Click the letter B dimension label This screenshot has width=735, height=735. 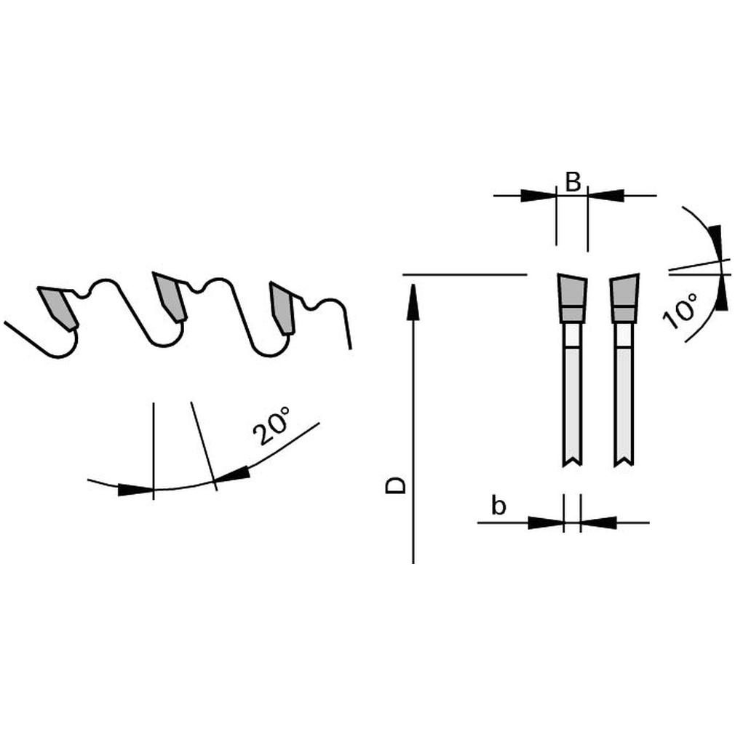[x=572, y=182]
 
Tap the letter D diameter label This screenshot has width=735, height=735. [x=395, y=485]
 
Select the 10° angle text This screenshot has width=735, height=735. [x=680, y=311]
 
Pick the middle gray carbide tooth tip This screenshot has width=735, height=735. [x=170, y=296]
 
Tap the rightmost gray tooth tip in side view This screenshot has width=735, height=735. [x=282, y=308]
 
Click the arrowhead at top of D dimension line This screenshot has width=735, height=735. [x=413, y=302]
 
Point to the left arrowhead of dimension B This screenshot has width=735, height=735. [x=538, y=196]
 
